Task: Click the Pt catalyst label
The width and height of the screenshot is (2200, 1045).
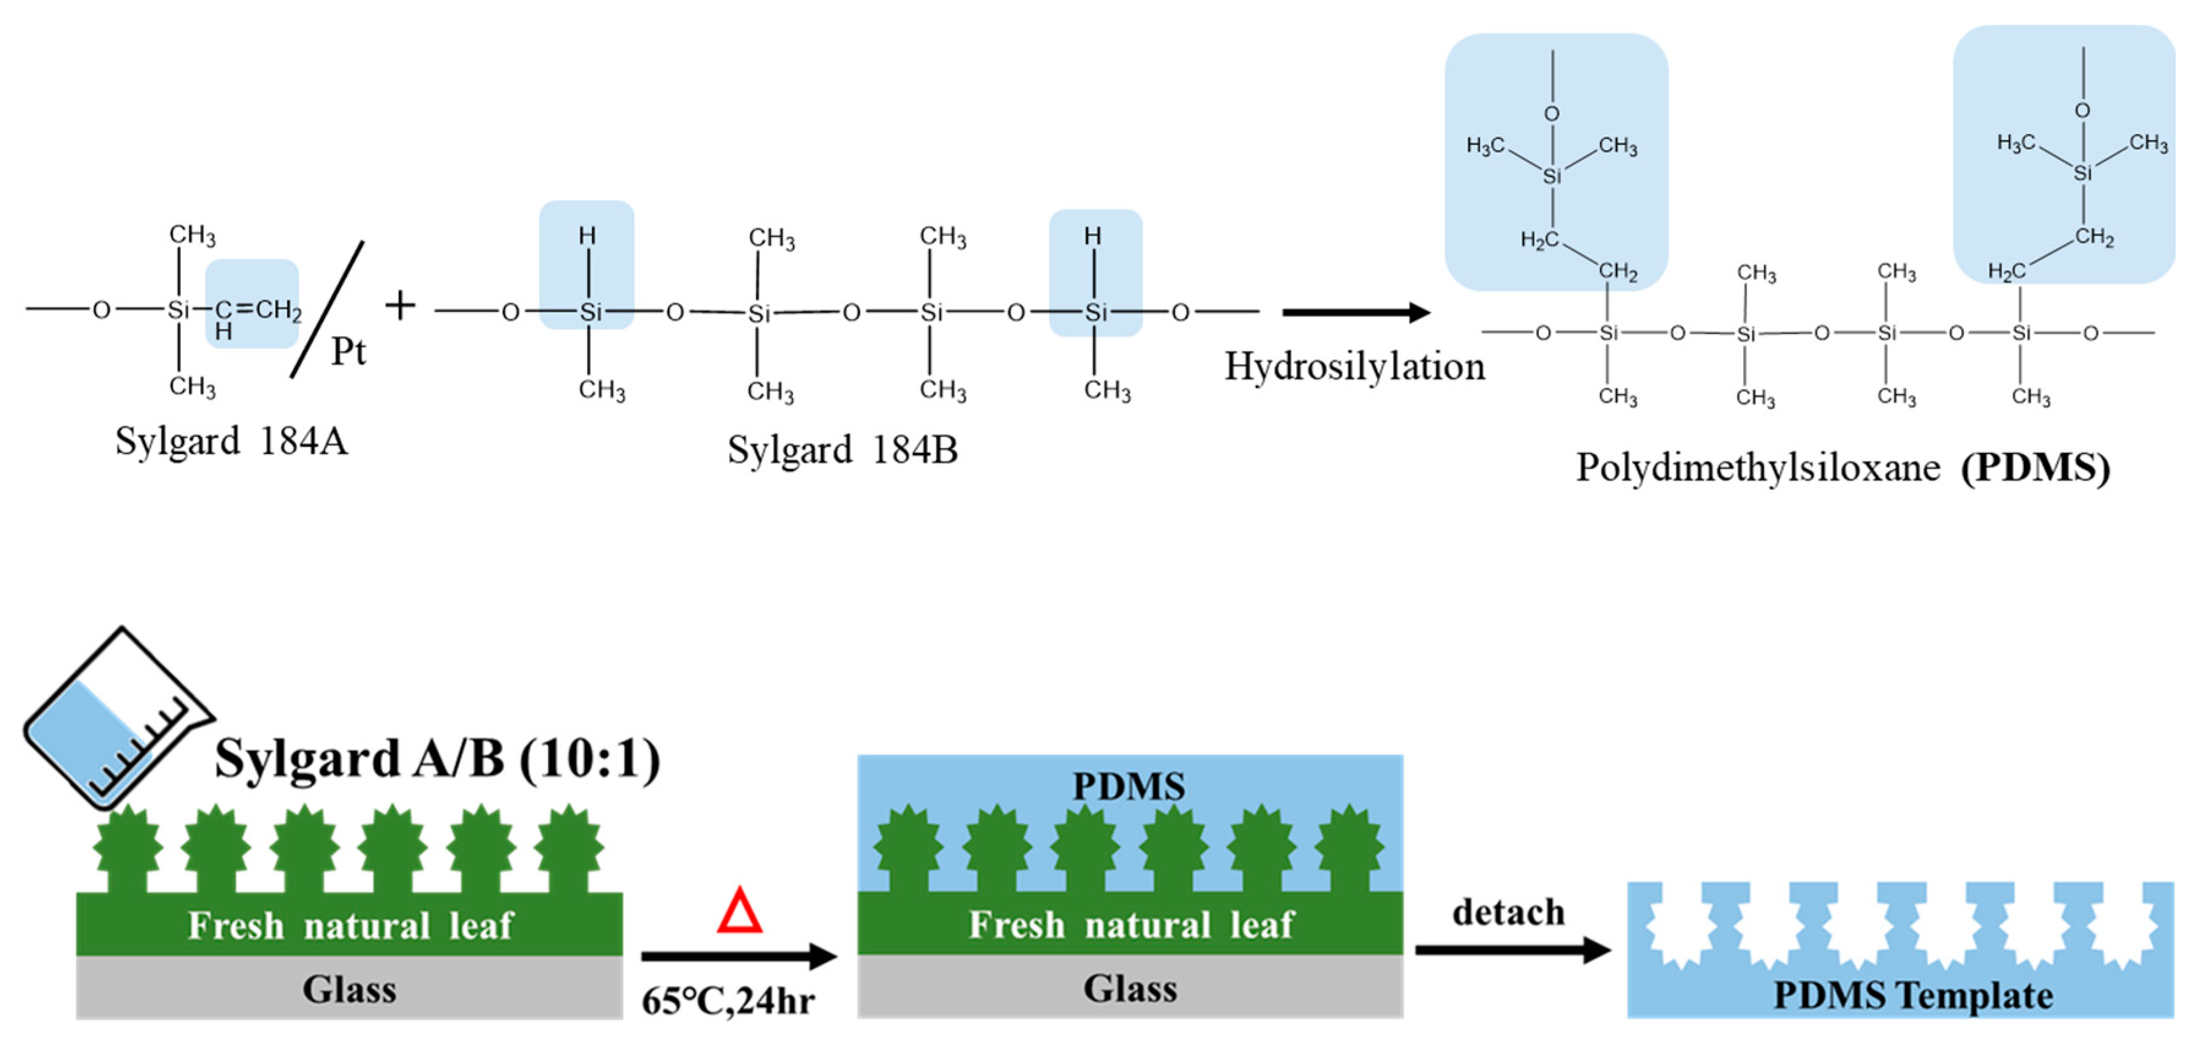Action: pos(348,351)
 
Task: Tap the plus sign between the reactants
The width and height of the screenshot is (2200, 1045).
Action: pos(400,305)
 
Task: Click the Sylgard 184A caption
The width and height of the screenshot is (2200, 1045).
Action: pos(231,441)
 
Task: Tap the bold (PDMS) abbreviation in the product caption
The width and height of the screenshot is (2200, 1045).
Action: pos(2035,468)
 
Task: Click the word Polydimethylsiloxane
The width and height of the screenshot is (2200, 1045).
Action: pos(1757,468)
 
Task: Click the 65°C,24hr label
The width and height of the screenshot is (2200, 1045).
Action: pos(727,1000)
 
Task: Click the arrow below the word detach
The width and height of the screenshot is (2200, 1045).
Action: pos(1512,949)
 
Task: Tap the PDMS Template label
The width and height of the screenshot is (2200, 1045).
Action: pos(1913,995)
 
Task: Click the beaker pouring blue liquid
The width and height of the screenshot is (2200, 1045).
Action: pos(115,721)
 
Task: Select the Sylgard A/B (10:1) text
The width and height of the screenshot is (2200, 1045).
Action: pos(437,758)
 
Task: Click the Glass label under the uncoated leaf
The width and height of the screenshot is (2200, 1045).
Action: pos(349,989)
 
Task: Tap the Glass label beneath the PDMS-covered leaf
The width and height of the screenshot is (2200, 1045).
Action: pos(1130,989)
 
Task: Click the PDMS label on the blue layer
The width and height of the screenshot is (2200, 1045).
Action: pos(1128,786)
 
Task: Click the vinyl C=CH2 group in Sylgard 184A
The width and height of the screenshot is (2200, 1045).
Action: pos(256,309)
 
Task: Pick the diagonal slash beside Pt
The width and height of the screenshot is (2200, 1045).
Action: pos(327,309)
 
